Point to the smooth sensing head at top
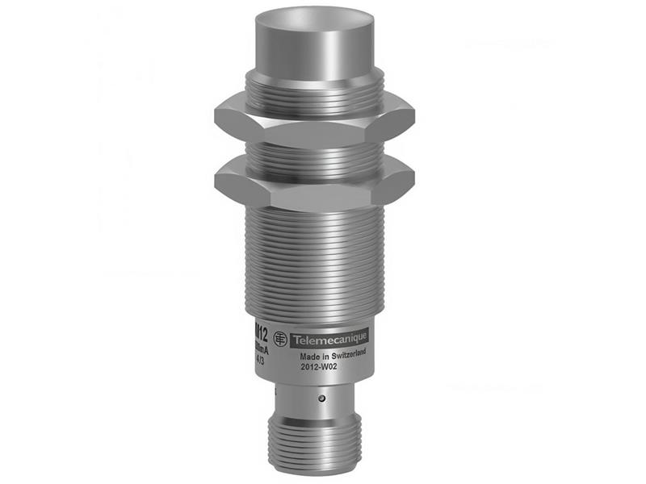click(x=314, y=44)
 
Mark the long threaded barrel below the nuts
click(x=314, y=258)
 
